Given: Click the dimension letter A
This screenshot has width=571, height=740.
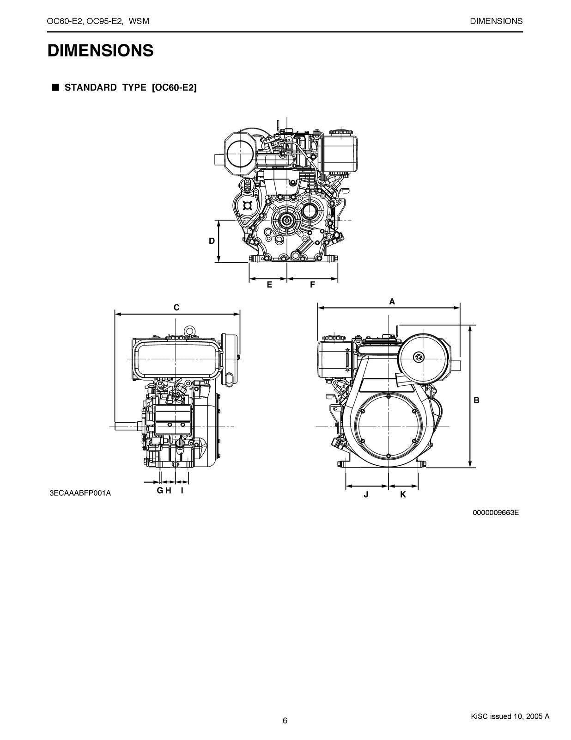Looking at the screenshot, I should (x=392, y=302).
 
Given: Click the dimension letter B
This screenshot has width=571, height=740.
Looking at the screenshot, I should (x=477, y=401).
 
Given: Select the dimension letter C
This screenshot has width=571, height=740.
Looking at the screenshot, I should (x=176, y=308).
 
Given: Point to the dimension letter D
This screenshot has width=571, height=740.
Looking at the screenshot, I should (x=212, y=241).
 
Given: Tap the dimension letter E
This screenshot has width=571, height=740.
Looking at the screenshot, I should (x=269, y=285).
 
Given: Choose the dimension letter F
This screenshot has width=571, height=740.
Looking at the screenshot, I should (x=312, y=285).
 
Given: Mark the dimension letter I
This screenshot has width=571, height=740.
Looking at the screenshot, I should (x=182, y=490).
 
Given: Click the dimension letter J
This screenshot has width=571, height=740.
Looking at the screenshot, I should (x=366, y=494).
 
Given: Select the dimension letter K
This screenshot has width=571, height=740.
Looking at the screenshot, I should (x=403, y=494).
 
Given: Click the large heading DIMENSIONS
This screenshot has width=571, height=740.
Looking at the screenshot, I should (x=100, y=50).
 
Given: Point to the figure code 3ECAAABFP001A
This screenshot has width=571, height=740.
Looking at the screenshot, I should (x=80, y=493).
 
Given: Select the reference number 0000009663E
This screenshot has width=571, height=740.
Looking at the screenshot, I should (x=496, y=512).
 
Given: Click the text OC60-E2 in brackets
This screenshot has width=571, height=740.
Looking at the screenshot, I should (x=174, y=88).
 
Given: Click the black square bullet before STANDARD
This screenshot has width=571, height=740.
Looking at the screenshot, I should (x=55, y=87).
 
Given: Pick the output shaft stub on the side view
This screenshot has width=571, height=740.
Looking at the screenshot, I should (x=126, y=425).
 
